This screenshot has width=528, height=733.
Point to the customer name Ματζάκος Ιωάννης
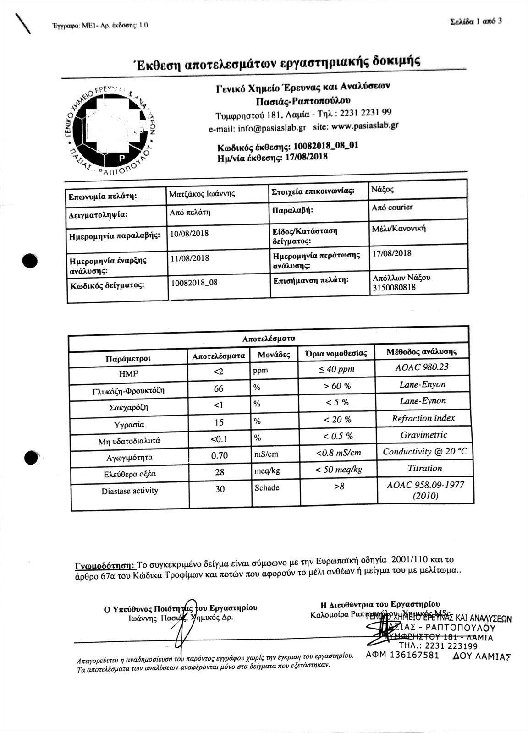click(x=202, y=194)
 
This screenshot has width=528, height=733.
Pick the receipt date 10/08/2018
click(x=189, y=234)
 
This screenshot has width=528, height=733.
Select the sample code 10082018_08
click(x=194, y=283)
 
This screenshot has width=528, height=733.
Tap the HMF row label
click(x=128, y=373)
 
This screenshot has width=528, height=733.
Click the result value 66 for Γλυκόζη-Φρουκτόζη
click(x=219, y=388)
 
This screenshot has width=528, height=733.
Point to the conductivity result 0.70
click(x=219, y=456)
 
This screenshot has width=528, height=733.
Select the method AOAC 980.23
click(x=422, y=367)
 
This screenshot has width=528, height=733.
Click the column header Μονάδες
click(x=274, y=355)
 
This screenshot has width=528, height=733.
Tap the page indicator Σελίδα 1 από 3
click(x=477, y=22)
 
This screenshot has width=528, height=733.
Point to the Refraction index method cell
click(x=423, y=418)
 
